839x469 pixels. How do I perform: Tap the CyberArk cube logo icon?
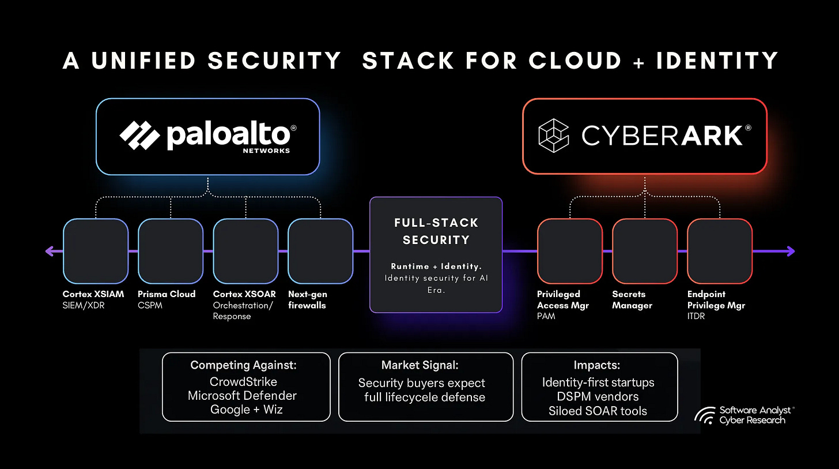pos(553,136)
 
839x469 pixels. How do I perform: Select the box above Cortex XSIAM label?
pos(95,251)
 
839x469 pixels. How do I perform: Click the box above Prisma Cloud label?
pos(171,251)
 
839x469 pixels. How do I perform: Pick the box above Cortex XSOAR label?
pos(245,251)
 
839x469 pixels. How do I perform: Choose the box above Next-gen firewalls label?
pos(320,251)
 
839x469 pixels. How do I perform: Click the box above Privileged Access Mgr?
pos(569,251)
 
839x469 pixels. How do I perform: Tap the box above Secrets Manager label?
pos(644,251)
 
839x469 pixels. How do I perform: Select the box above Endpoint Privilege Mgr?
pos(720,251)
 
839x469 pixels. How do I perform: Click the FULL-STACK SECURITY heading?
pos(436,231)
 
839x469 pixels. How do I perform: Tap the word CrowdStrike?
pos(243,382)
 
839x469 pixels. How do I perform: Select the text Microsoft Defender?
pos(242,396)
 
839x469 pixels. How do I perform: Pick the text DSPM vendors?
pos(598,396)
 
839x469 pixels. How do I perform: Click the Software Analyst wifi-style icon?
pos(705,415)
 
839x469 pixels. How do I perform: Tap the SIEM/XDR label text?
pos(84,305)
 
